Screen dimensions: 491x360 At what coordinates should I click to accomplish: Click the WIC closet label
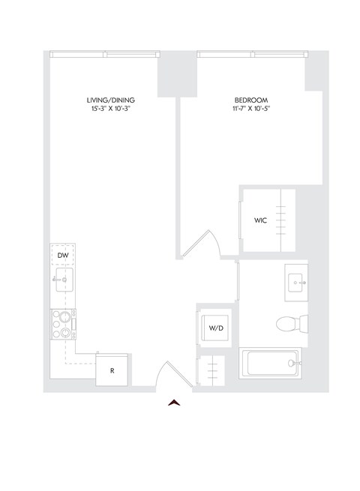tap(260, 221)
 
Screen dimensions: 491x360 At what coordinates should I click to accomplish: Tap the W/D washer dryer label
tap(215, 328)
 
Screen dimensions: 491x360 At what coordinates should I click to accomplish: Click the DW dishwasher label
tap(64, 256)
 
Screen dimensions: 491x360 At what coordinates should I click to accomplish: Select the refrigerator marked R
tap(112, 370)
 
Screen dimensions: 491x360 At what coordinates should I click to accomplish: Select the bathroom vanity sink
tap(296, 283)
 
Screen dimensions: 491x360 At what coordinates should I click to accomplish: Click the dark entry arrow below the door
tap(175, 403)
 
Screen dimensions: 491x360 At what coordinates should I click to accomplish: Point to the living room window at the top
tap(104, 54)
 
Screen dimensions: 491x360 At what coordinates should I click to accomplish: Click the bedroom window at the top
tap(251, 54)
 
